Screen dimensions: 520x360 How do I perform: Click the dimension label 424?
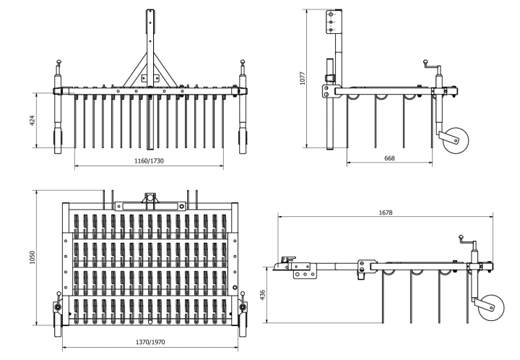point(32,120)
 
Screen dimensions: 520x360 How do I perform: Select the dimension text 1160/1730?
point(149,161)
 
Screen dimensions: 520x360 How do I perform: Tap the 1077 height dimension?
point(302,78)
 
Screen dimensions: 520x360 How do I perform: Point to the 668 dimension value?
point(389,158)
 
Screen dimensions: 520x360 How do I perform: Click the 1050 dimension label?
point(32,257)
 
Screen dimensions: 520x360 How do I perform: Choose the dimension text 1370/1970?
point(150,342)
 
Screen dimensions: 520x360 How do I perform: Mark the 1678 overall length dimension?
point(386,213)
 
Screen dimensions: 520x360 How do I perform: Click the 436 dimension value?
point(263,295)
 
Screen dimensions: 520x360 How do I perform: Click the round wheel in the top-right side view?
point(456,140)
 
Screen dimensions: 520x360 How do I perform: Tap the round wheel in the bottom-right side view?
point(491,307)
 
